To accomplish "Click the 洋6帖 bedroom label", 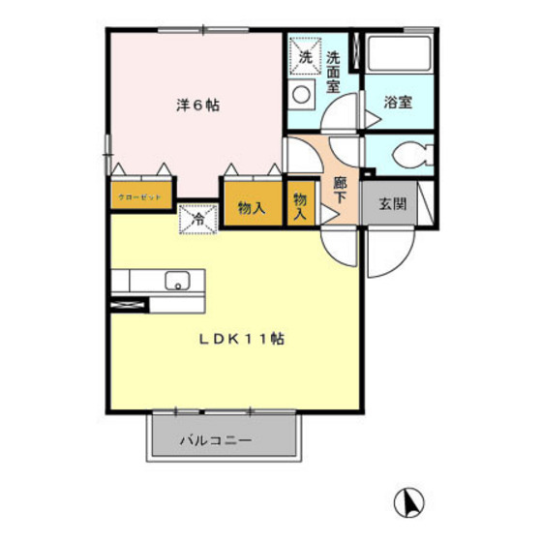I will [x=197, y=105].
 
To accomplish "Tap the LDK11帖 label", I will [x=242, y=340].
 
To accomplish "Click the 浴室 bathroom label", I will [x=397, y=101].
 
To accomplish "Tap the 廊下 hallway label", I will [x=340, y=187].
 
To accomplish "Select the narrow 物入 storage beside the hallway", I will [x=300, y=206].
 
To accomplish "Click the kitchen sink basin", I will [x=177, y=282].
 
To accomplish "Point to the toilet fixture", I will [x=411, y=155].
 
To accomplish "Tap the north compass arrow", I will [x=410, y=502].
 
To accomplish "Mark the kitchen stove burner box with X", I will [x=131, y=306].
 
